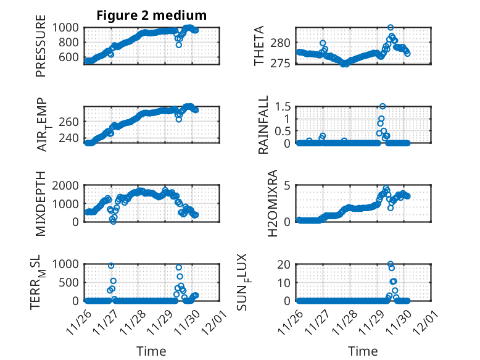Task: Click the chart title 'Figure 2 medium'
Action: (x=151, y=15)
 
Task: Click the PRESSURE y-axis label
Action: (x=41, y=50)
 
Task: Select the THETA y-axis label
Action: (x=259, y=46)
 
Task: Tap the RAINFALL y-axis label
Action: (x=263, y=125)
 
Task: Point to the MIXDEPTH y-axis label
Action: (x=41, y=203)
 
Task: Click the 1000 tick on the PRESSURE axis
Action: (x=67, y=27)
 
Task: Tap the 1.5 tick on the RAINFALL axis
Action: (x=283, y=106)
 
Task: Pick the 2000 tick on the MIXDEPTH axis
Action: (x=67, y=185)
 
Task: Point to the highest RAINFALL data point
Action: (x=383, y=106)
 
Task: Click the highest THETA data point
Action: (x=391, y=28)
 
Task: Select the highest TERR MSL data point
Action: (x=111, y=266)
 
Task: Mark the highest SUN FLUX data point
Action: (x=391, y=264)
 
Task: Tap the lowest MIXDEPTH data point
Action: (x=113, y=221)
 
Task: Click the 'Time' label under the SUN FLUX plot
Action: (x=363, y=351)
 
